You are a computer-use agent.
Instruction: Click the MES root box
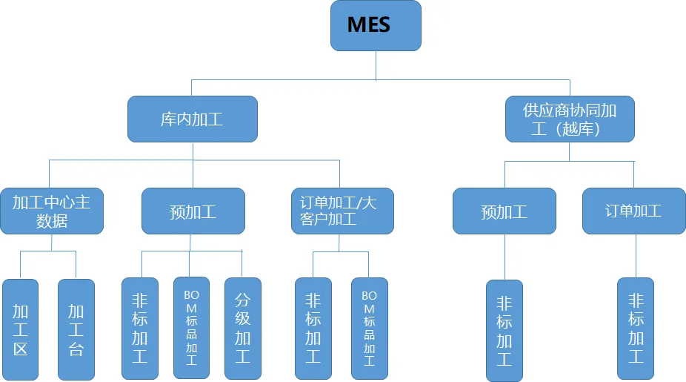376,25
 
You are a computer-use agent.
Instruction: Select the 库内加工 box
193,119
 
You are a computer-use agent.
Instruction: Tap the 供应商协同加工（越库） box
570,119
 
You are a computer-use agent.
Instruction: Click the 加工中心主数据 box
52,211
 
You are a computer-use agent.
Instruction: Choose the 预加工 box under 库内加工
193,211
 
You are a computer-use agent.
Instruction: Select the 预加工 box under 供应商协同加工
504,211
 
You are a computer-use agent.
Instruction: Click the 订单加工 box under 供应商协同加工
633,211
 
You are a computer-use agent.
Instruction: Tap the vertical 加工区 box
21,329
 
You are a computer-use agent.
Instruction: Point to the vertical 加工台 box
76,329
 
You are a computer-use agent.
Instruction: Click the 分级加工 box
242,329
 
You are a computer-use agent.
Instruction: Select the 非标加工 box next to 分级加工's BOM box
140,329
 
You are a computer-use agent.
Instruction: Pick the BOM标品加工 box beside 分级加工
191,329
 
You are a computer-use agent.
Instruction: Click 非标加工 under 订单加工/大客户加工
313,329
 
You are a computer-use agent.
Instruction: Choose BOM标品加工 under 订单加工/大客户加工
369,329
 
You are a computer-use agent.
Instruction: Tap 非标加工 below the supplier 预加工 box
504,331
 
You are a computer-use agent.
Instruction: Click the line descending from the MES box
376,65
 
